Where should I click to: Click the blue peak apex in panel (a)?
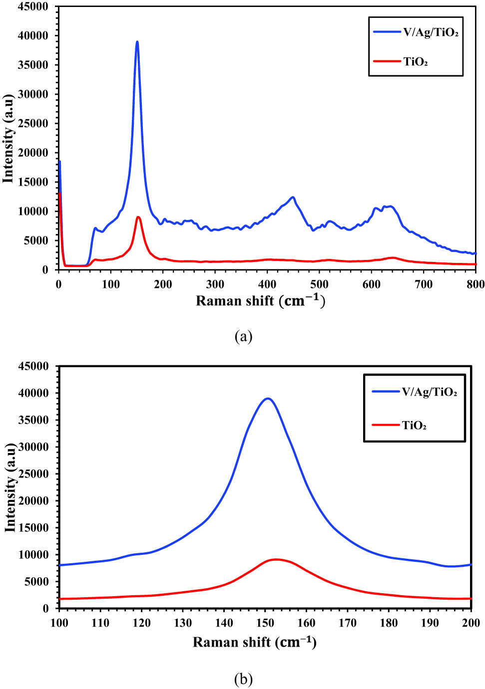137,42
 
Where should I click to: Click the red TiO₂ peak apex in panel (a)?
138,217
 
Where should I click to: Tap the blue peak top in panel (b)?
268,399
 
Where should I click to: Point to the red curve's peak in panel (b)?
276,559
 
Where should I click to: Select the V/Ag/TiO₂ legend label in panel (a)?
431,32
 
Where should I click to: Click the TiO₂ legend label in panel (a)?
416,62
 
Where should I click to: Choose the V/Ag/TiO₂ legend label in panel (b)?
430,392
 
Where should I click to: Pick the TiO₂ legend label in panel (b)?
415,426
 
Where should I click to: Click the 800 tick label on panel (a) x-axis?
475,284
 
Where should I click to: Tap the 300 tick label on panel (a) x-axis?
215,284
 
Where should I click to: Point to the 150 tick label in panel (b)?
265,623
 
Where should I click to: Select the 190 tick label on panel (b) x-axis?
430,623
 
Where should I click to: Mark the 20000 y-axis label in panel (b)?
34,501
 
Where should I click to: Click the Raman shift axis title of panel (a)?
260,301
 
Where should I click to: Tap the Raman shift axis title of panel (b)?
255,642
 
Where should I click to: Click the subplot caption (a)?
243,337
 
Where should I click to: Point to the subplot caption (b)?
243,679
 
